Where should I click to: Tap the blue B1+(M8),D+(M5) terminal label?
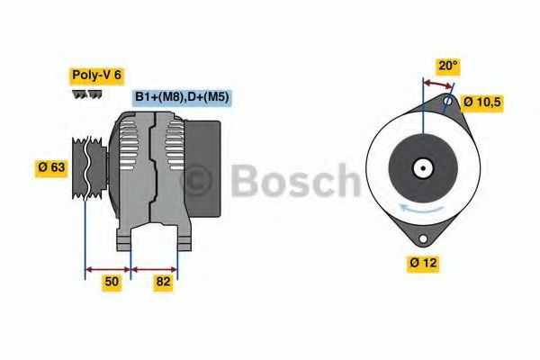(182, 97)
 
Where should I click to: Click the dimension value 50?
(112, 282)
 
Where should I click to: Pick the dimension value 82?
(163, 282)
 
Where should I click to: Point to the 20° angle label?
(447, 66)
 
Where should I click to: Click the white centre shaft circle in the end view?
(421, 168)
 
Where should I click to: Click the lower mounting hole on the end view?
(420, 239)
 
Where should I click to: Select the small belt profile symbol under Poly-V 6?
(86, 94)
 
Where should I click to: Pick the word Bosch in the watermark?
(297, 182)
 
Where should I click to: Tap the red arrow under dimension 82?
(155, 268)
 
